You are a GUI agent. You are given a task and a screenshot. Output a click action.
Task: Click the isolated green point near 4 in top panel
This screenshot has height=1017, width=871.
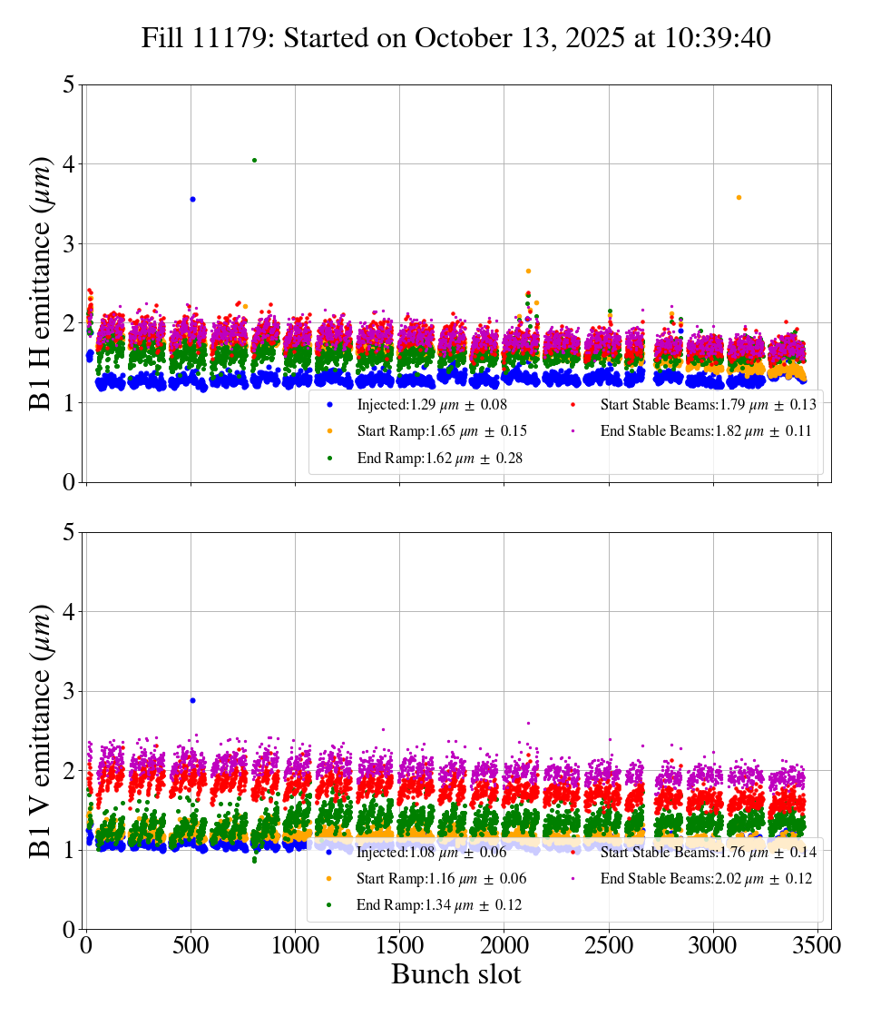254,160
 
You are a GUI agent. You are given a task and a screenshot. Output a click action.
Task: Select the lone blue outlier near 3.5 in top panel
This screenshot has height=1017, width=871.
192,199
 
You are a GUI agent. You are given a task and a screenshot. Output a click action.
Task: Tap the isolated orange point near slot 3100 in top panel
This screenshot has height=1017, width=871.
739,197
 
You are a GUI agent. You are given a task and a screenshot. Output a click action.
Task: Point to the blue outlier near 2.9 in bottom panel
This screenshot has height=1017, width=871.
192,700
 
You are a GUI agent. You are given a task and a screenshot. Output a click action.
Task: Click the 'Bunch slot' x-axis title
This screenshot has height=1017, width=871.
456,974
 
